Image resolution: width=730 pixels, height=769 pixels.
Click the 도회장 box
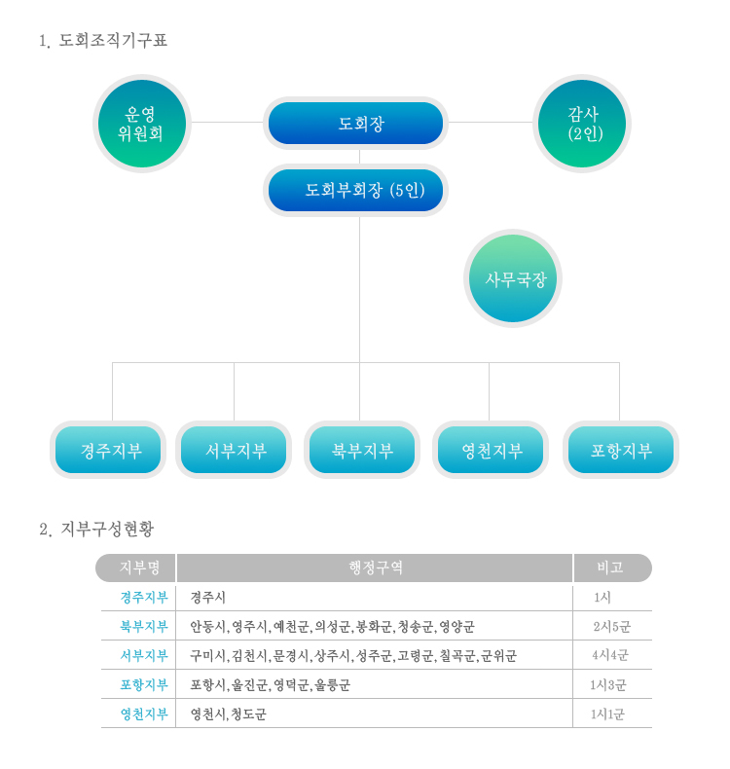click(x=355, y=123)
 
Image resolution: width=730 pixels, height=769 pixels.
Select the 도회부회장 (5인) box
click(x=355, y=190)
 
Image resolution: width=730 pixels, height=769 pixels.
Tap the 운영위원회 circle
click(x=142, y=124)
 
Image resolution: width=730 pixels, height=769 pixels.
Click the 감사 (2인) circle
click(x=581, y=124)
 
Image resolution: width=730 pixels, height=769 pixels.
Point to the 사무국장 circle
click(x=513, y=278)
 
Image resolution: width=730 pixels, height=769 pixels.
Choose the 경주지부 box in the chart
click(x=108, y=450)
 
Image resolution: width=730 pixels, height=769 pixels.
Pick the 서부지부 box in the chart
click(x=234, y=450)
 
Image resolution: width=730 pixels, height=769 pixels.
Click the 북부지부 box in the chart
click(x=362, y=450)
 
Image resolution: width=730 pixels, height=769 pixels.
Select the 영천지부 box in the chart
click(x=491, y=450)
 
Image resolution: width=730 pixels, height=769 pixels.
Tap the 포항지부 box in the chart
click(x=621, y=450)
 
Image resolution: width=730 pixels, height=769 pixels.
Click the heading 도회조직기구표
click(x=113, y=40)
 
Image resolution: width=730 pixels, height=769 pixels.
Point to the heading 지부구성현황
click(x=107, y=529)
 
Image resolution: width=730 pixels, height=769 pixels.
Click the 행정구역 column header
click(x=375, y=568)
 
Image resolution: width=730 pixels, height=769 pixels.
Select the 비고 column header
click(x=612, y=568)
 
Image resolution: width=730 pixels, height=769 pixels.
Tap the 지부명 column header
click(x=135, y=568)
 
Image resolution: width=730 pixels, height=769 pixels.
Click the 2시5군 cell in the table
click(x=612, y=626)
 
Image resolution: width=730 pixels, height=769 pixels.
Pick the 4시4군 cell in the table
click(x=610, y=655)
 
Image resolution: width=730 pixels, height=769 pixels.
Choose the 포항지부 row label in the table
click(x=144, y=684)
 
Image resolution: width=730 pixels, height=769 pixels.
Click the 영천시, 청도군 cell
click(x=228, y=714)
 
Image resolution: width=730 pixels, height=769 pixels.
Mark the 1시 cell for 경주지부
click(x=602, y=598)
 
